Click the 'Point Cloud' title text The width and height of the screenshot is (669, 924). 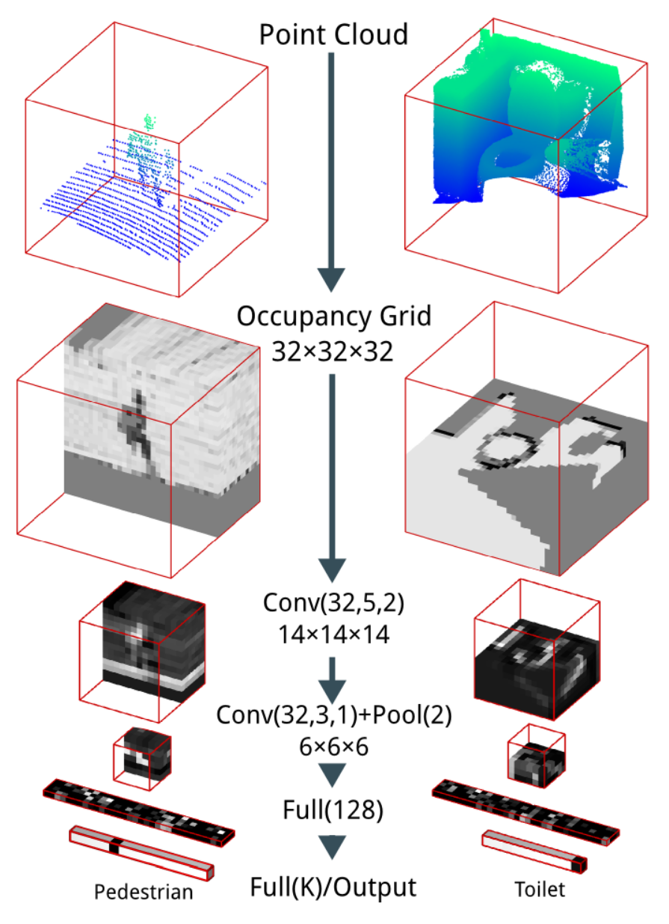point(333,34)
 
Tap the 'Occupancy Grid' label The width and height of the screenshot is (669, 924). point(333,317)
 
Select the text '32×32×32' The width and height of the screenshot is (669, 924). point(333,351)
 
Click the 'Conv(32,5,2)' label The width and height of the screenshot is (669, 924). point(333,602)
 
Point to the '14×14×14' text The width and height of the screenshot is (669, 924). point(333,635)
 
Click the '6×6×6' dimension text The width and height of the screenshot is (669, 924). point(333,747)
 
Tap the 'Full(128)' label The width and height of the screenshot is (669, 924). point(333,810)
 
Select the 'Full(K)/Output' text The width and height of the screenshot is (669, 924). point(333,887)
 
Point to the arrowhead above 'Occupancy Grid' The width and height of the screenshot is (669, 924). point(333,278)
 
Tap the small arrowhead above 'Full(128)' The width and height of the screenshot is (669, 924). point(333,773)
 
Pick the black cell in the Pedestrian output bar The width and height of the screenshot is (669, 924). point(114,846)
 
